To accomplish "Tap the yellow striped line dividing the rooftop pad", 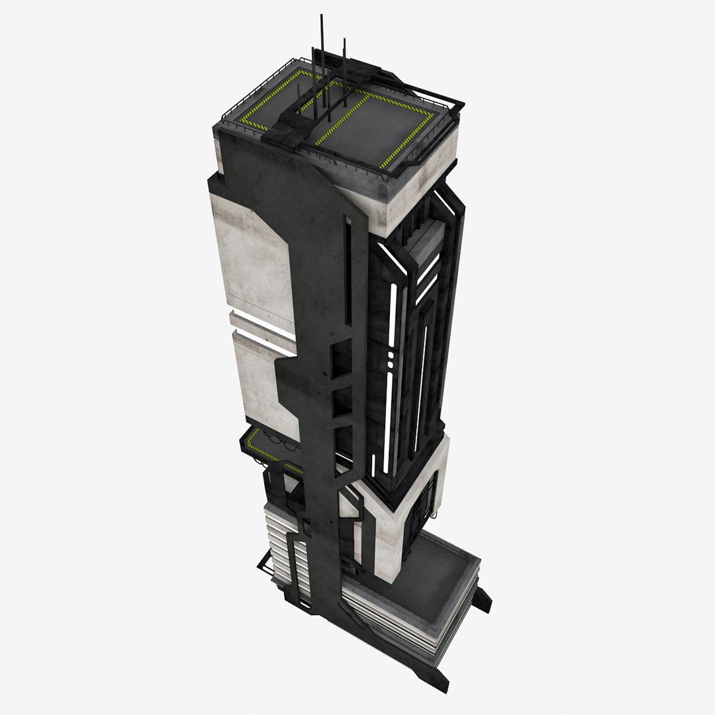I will (342, 120).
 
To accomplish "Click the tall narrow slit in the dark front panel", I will (348, 271).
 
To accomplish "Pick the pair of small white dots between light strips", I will (390, 359).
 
